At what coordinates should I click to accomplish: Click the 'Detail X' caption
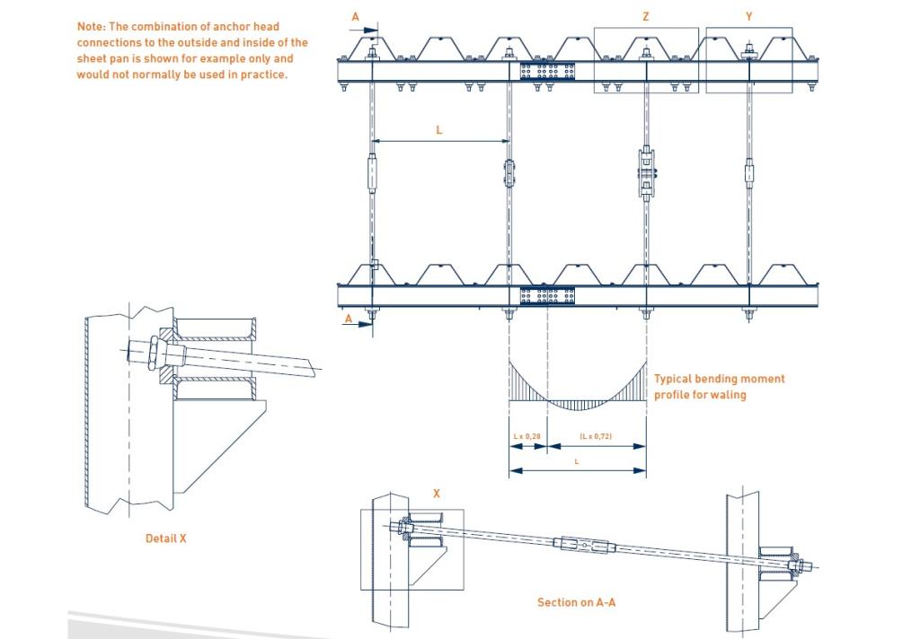point(165,538)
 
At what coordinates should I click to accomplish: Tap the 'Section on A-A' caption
point(576,602)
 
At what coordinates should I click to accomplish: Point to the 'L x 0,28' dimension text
point(527,436)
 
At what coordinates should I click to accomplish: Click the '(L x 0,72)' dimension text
point(596,436)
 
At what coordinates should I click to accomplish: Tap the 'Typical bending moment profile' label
point(718,386)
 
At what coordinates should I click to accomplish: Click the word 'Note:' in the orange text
point(92,27)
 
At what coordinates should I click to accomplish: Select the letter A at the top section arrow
point(354,17)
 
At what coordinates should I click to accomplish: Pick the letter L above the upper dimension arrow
point(439,130)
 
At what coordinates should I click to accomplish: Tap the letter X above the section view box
point(437,494)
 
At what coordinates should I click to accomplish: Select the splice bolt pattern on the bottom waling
point(547,295)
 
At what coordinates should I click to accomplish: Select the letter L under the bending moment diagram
point(577,459)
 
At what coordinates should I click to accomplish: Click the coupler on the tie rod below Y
point(748,171)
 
